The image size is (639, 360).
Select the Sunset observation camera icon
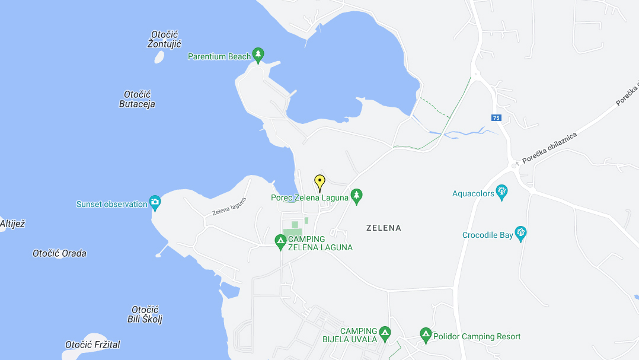coord(155,203)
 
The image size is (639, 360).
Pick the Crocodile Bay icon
coord(521,234)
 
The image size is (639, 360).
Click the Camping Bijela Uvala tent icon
coord(385,334)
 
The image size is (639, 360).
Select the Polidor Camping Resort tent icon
coord(426,336)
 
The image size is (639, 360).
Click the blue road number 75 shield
coord(496,117)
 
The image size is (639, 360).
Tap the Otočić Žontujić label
coord(164,39)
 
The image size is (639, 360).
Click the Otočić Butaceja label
coord(137,99)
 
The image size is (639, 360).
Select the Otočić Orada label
coord(59,253)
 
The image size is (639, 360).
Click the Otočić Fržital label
coord(92,345)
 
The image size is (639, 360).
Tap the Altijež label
coord(12,224)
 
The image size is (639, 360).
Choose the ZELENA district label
coord(384,228)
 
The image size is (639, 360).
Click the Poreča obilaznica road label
coord(549,148)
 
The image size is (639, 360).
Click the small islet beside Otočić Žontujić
coord(159,57)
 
